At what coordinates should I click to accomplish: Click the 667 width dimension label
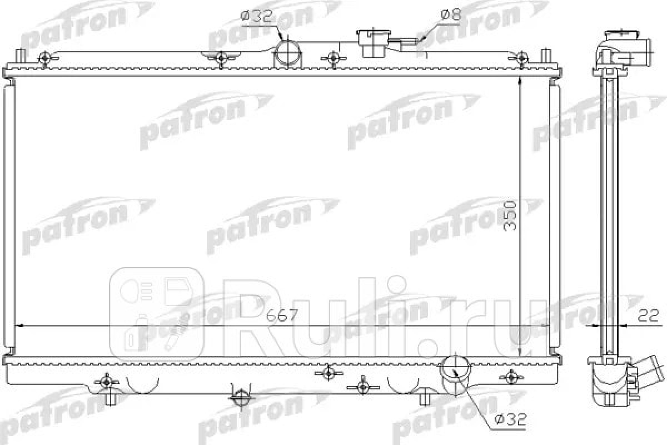[x=282, y=315]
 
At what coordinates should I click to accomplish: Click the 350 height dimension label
[x=510, y=216]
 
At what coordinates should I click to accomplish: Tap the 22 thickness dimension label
[x=648, y=315]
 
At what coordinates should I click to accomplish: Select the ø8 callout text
[x=451, y=14]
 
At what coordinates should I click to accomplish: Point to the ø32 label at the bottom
[x=511, y=420]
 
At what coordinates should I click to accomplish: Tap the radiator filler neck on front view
[x=374, y=44]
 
